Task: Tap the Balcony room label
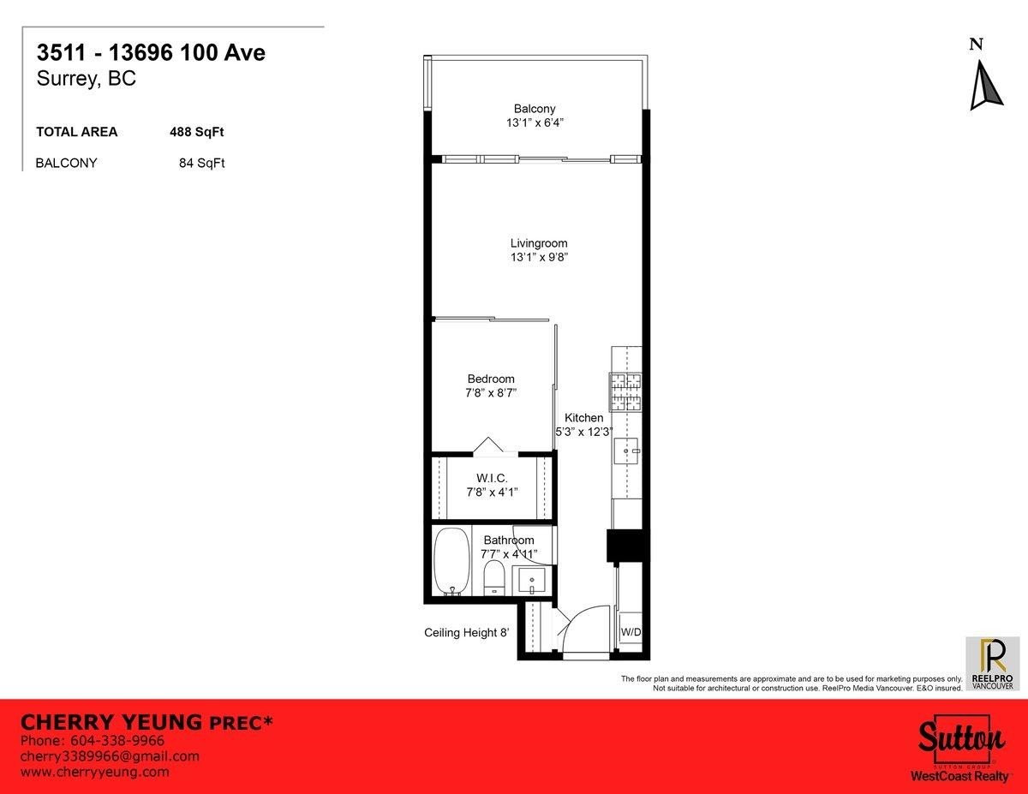click(535, 109)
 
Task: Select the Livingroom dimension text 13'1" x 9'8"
click(539, 257)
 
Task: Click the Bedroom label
click(491, 379)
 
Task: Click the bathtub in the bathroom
click(451, 561)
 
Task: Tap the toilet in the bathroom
click(493, 578)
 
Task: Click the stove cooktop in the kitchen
click(625, 390)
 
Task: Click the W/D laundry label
click(630, 632)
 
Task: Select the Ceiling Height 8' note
click(467, 633)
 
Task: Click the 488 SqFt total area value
click(197, 132)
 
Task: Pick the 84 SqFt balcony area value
click(201, 163)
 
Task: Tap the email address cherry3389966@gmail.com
click(110, 755)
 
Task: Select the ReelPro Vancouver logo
click(992, 664)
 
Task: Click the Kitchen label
click(583, 418)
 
